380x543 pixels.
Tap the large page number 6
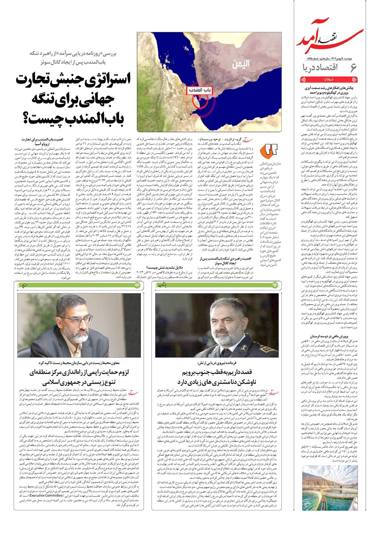[354, 68]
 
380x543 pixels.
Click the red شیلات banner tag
[329, 80]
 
